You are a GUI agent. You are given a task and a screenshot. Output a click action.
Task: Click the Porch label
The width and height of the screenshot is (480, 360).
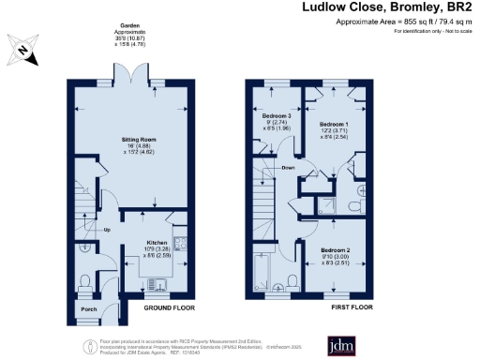[88, 308]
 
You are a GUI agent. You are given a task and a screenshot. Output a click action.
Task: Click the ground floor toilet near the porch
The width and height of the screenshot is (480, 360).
[86, 278]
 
